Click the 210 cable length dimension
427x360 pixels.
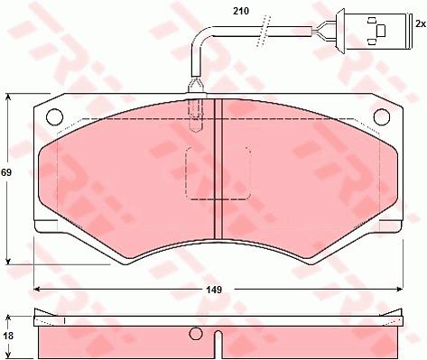(241, 12)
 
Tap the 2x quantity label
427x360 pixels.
(420, 24)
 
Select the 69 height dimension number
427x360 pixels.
(6, 172)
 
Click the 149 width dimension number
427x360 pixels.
(214, 290)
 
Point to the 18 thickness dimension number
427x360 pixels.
(7, 336)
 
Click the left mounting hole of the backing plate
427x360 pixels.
(55, 116)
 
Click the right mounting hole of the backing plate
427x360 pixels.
(382, 116)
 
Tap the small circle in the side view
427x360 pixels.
(196, 333)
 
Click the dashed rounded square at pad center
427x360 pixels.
(218, 173)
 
